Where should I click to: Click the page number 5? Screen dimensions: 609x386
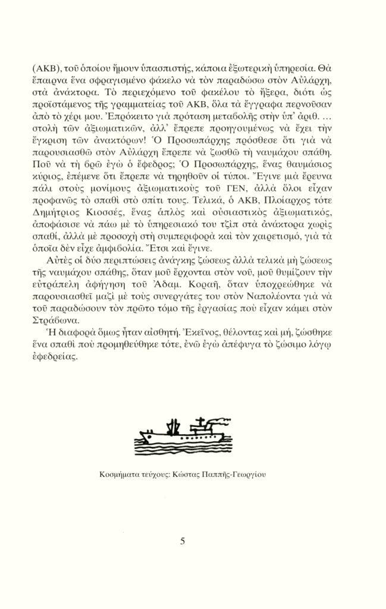coord(183,541)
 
